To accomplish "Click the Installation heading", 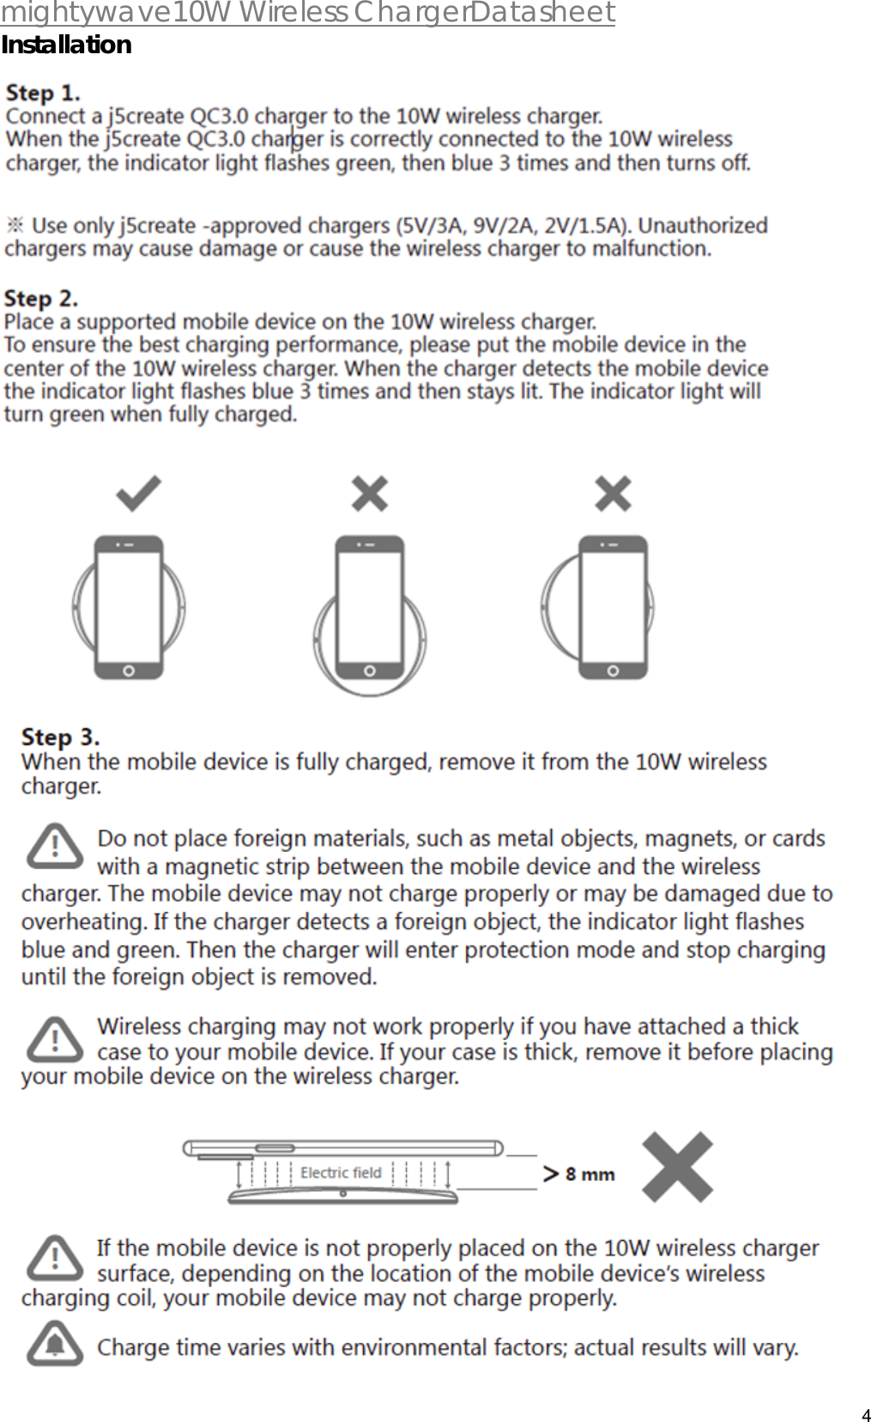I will coord(66,45).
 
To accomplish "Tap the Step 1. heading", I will coord(43,92).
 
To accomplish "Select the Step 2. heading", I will coord(41,298).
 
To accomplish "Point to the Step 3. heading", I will coord(60,737).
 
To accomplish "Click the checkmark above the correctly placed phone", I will coord(139,494).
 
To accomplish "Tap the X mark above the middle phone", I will coord(370,494).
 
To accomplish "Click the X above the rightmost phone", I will coord(613,494).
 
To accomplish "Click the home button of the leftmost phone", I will coord(129,671).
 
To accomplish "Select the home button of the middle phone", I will coord(370,671).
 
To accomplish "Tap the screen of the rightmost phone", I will coord(613,605).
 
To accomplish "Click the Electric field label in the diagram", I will coord(341,1173).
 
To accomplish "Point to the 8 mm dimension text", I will coord(590,1174).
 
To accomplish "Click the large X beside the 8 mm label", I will coord(679,1165).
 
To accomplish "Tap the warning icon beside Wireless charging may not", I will coord(55,1039).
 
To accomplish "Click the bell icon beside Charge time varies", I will coord(55,1344).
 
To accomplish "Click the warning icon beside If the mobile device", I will coord(55,1259).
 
